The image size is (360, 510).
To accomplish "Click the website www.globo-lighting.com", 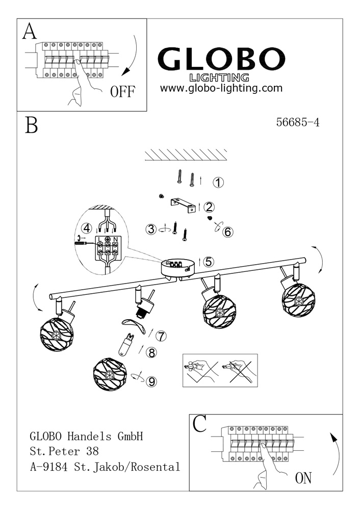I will [221, 88].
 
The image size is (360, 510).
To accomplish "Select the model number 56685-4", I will [297, 122].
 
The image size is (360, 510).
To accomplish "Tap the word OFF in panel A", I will [122, 92].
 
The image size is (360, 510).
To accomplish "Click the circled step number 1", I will [218, 182].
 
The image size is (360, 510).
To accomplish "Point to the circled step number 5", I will [208, 262].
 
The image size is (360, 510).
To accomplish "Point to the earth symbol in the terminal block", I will [108, 239].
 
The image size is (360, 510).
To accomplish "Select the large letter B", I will [31, 125].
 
